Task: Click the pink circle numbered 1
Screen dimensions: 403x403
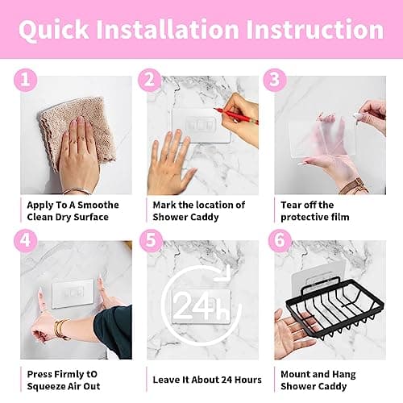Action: [x=26, y=80]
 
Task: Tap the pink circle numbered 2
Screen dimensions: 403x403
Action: [x=150, y=80]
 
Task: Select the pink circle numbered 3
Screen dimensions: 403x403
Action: [x=275, y=80]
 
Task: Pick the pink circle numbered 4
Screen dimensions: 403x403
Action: [x=26, y=240]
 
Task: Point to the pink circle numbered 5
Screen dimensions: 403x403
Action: [x=152, y=240]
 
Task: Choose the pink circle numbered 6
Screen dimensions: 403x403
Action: [x=280, y=240]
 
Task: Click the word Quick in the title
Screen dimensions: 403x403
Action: [x=54, y=30]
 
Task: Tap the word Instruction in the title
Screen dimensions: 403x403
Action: [x=314, y=29]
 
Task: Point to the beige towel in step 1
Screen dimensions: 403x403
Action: [x=77, y=129]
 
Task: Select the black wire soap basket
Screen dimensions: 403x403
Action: [x=334, y=309]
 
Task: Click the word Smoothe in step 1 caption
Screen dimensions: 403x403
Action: [x=98, y=206]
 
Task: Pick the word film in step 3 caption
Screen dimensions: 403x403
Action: [x=339, y=217]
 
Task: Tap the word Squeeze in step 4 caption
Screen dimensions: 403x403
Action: [x=46, y=387]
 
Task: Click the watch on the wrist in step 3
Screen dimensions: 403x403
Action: [x=354, y=186]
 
